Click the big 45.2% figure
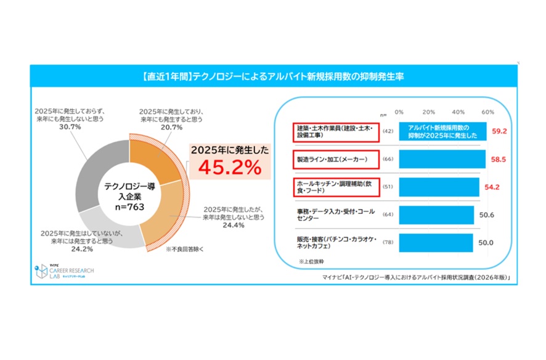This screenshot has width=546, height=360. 227,166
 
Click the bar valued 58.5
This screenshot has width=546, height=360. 440,160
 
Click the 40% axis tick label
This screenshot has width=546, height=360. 458,112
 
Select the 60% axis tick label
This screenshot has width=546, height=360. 487,112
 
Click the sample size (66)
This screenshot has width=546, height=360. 388,160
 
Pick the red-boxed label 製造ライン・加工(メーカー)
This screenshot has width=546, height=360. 331,160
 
